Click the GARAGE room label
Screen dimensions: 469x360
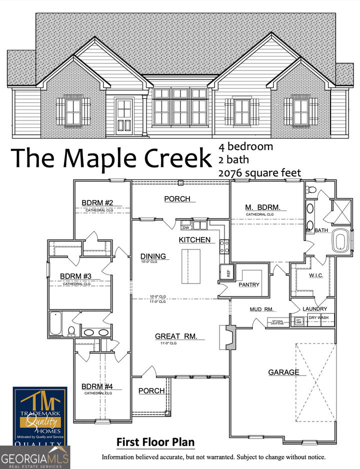tap(283, 372)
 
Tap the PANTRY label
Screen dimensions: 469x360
tap(249, 284)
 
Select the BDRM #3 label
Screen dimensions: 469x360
tap(75, 276)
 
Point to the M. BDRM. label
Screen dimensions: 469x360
tap(262, 207)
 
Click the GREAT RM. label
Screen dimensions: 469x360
tap(176, 336)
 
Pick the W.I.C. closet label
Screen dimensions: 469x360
tap(317, 275)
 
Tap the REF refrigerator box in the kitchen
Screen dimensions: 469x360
tap(224, 272)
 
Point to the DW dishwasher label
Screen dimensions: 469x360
tap(185, 226)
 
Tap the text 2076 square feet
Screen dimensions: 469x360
tap(259, 173)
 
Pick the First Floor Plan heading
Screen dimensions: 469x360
tap(155, 442)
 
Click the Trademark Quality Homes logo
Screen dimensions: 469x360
tap(39, 415)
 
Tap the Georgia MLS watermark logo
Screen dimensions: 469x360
tap(35, 458)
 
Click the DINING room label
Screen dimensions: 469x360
tap(153, 256)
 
